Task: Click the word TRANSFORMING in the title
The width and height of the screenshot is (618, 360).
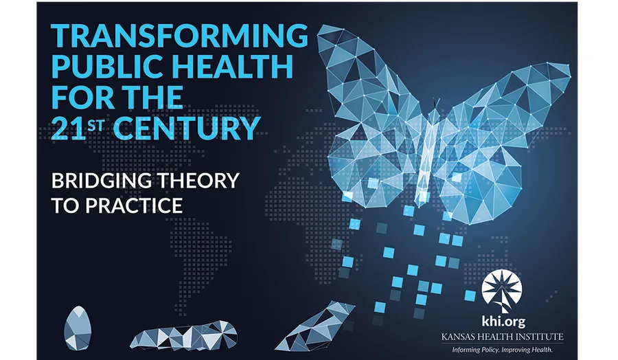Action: coord(179,36)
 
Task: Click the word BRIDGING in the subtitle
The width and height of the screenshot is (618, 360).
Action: coord(102,181)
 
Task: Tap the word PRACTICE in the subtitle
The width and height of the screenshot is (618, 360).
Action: coord(135,205)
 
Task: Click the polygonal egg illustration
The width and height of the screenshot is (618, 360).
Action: coord(78,328)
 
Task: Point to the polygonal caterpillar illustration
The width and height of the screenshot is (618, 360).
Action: coord(184,335)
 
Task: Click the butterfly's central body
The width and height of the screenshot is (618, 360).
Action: coord(428,158)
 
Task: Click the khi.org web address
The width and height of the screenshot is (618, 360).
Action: coord(503,322)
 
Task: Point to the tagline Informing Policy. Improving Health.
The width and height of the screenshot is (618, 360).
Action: coord(502,350)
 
